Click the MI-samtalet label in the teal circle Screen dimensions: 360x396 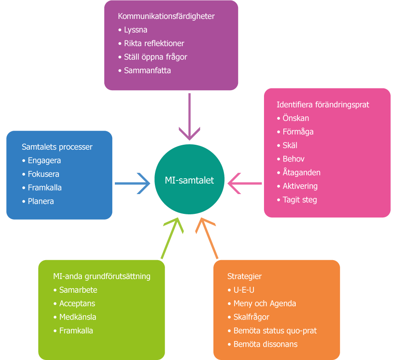point(189,181)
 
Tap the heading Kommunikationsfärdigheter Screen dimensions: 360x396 point(166,16)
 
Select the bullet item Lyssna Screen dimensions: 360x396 point(136,30)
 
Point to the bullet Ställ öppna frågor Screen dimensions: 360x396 point(155,57)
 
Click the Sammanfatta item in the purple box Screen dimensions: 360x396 point(147,70)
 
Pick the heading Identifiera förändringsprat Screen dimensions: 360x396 point(323,105)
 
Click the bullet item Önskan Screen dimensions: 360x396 point(296,118)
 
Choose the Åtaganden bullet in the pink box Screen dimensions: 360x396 point(301,173)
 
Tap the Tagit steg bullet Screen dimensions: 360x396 point(300,200)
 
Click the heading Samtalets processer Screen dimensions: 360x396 point(57,147)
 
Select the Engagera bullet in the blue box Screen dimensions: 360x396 point(44,161)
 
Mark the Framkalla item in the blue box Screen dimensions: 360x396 point(44,187)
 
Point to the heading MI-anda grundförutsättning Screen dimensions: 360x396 point(101,276)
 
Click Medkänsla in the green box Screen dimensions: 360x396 point(77,317)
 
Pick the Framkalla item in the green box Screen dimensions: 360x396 point(76,331)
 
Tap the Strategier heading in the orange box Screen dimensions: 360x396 point(244,276)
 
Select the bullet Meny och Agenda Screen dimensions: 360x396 point(264,304)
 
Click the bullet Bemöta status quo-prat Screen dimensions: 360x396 point(275,331)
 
